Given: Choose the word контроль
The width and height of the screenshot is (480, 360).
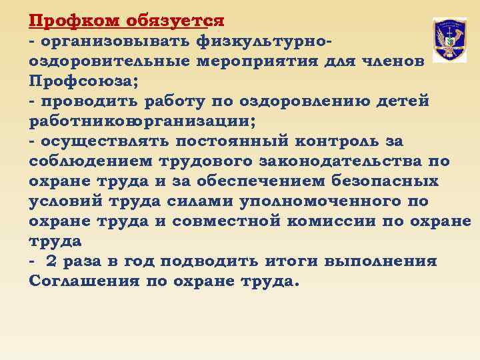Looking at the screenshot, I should (333, 141).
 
